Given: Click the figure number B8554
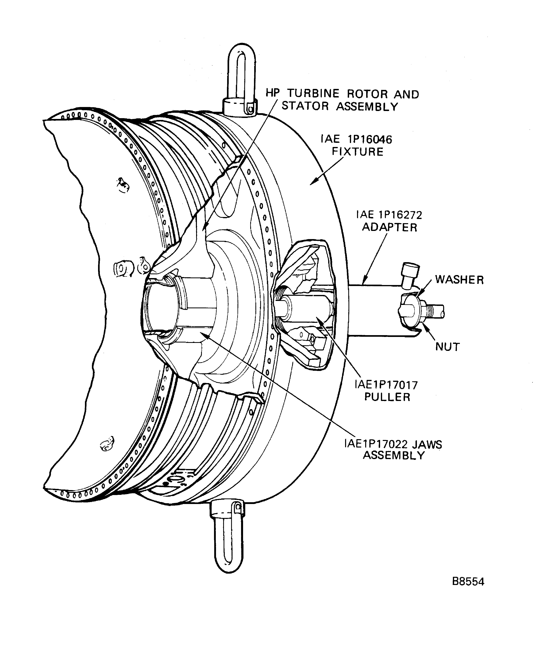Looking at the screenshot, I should pos(468,582).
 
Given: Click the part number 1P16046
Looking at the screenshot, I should pos(370,140).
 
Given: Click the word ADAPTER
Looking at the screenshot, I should pos(389,228).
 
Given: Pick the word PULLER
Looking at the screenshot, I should pos(387,397).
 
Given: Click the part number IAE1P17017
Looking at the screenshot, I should pos(386,385).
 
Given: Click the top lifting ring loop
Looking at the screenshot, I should pos(242,71).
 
